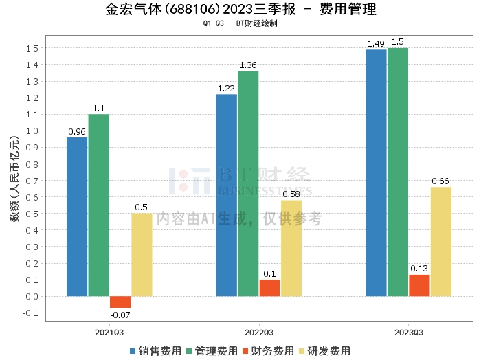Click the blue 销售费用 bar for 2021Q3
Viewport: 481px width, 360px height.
77,216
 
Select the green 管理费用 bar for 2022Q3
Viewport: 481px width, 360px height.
248,183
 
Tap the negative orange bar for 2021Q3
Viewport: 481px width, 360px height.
120,302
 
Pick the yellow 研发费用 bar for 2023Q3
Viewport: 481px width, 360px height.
440,241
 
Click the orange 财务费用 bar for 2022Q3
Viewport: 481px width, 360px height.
269,288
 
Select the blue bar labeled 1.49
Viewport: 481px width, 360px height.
376,172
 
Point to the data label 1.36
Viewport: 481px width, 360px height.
248,65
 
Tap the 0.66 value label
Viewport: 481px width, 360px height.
440,181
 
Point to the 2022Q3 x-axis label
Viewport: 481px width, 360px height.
258,331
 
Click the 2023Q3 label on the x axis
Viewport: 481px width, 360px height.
408,331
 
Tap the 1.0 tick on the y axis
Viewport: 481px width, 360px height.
31,131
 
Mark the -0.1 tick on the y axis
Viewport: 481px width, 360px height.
30,313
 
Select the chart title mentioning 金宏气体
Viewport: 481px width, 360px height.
240,10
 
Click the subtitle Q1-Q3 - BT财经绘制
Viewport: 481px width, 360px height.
240,24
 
